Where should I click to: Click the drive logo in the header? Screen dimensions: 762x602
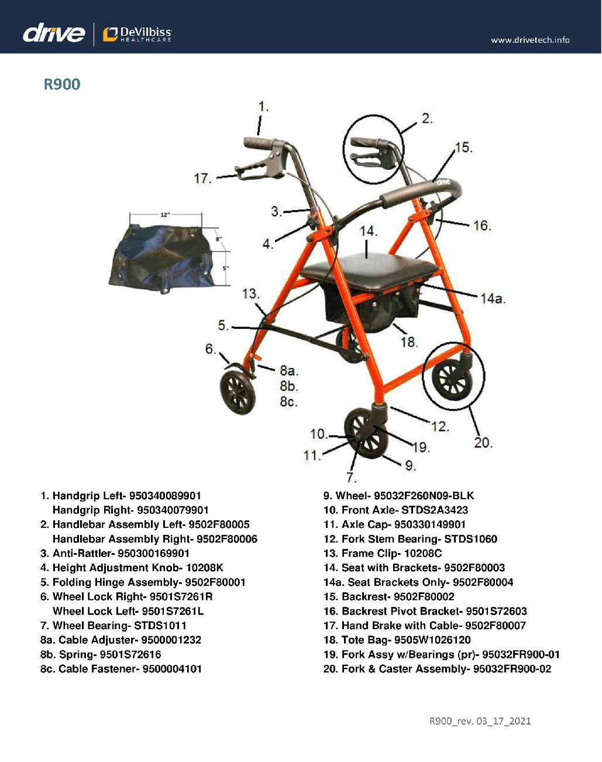point(54,33)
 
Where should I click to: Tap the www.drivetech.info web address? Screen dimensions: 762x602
point(530,40)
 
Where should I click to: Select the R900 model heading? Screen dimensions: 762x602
point(62,84)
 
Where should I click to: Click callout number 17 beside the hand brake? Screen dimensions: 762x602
point(202,178)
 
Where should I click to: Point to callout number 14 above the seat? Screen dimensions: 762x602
point(368,231)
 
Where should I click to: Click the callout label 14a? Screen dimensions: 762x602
point(492,298)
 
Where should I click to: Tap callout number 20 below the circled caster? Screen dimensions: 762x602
point(483,442)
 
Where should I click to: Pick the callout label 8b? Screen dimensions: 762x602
point(288,386)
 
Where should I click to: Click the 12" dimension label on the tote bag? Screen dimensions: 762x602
point(166,215)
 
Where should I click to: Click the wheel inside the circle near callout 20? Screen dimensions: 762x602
point(452,379)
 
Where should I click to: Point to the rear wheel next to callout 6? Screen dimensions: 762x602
point(238,392)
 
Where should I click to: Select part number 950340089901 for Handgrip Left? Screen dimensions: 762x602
point(165,496)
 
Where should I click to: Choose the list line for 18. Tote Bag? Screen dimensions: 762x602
point(397,640)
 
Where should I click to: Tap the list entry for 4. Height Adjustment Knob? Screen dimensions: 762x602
point(132,568)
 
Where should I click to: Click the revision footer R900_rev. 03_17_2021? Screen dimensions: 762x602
point(480,721)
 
